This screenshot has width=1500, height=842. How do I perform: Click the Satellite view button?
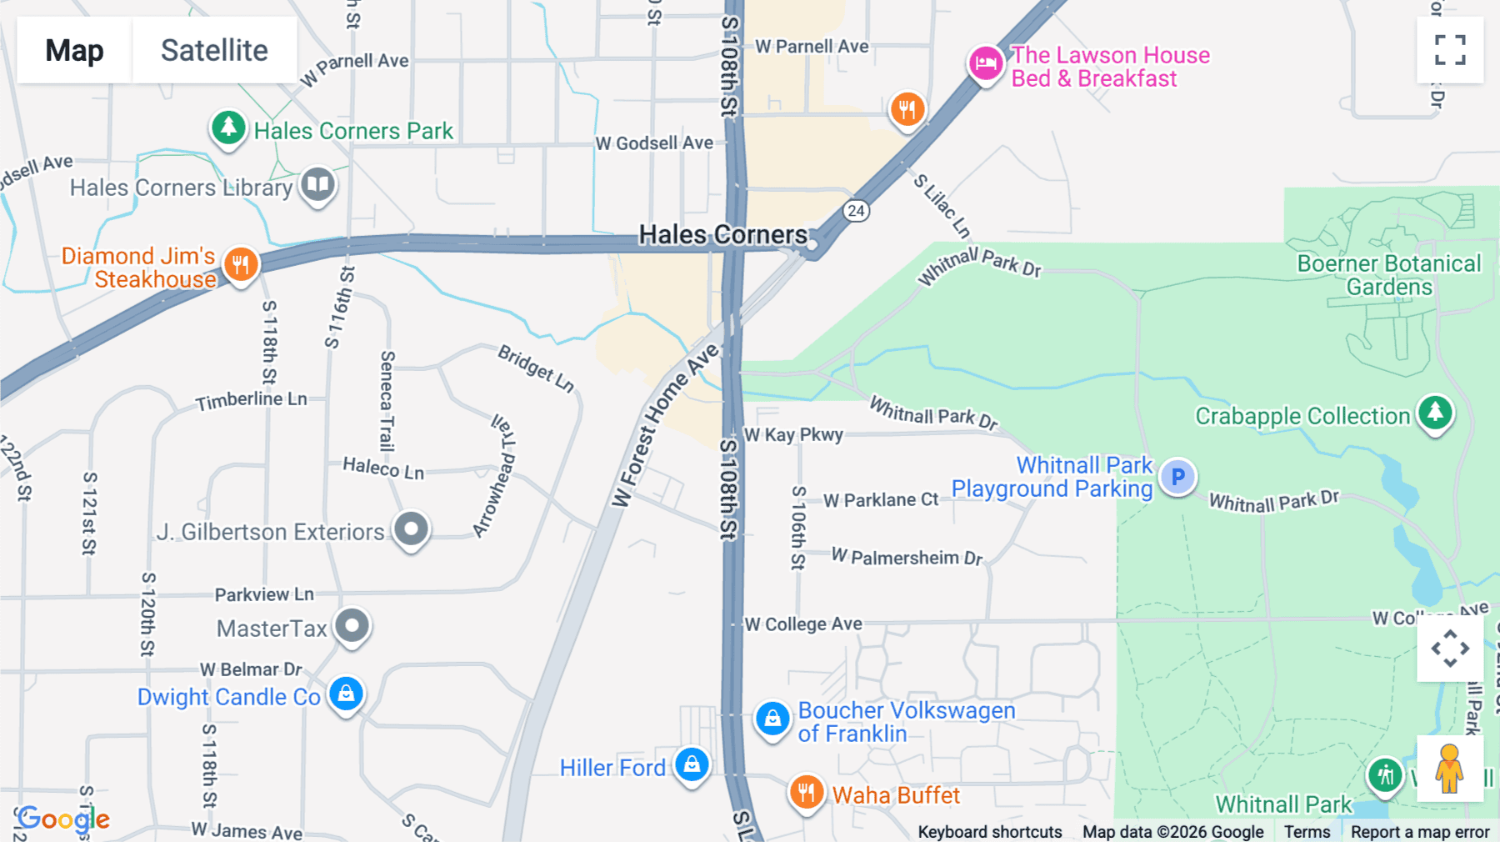[x=214, y=50]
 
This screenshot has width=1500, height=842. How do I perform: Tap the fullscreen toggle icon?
[x=1450, y=50]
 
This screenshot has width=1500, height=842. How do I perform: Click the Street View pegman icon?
[x=1450, y=769]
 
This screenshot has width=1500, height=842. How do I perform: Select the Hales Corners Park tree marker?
[x=227, y=128]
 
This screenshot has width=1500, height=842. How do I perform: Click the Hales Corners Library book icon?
[x=317, y=184]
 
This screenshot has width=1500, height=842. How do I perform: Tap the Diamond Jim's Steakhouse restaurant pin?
[x=241, y=265]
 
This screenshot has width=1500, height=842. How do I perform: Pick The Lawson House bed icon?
[x=985, y=63]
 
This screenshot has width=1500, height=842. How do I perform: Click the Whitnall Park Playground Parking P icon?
[x=1177, y=477]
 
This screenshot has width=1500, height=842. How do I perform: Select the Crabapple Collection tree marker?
[x=1435, y=413]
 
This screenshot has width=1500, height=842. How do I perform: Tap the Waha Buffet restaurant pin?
[x=806, y=792]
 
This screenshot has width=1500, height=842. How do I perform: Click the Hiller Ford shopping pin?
[x=692, y=764]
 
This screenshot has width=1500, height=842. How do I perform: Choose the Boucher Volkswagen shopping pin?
[x=772, y=719]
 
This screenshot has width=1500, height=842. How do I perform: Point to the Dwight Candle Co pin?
[x=346, y=694]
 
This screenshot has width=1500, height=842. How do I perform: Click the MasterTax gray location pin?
[x=352, y=625]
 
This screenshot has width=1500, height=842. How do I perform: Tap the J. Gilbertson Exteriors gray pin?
[x=411, y=529]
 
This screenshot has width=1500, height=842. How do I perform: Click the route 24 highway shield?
[x=856, y=210]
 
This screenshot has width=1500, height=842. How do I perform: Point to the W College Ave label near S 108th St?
[x=803, y=624]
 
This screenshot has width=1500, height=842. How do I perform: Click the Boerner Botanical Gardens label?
[x=1388, y=275]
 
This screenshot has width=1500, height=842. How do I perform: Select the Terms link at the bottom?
[x=1307, y=832]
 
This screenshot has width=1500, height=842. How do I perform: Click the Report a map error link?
[x=1419, y=832]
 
